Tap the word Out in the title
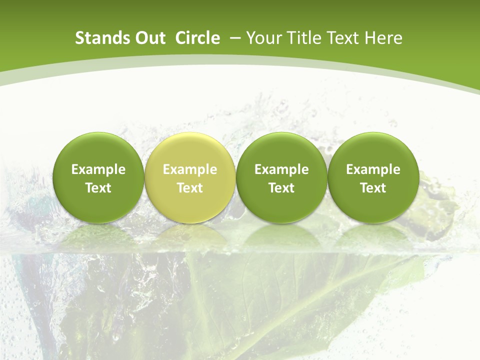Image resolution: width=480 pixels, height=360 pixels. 148,38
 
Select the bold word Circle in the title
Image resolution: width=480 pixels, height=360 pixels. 197,38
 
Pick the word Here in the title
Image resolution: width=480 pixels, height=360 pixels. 383,38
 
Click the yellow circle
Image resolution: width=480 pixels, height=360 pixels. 190,177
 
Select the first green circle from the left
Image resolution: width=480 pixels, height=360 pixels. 98,177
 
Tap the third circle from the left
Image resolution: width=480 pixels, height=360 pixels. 281,177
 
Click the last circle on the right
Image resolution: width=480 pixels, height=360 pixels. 373,177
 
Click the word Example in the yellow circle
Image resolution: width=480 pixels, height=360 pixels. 190,169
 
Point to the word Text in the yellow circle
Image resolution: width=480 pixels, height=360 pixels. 190,188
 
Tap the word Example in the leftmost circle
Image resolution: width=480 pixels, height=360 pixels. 98,169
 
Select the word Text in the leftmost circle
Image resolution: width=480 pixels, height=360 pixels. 98,188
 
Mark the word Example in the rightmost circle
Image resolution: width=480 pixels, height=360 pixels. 373,169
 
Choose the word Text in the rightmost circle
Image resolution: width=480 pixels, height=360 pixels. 373,188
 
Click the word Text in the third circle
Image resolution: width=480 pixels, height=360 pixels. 281,188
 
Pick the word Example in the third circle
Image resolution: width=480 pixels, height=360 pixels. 281,169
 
